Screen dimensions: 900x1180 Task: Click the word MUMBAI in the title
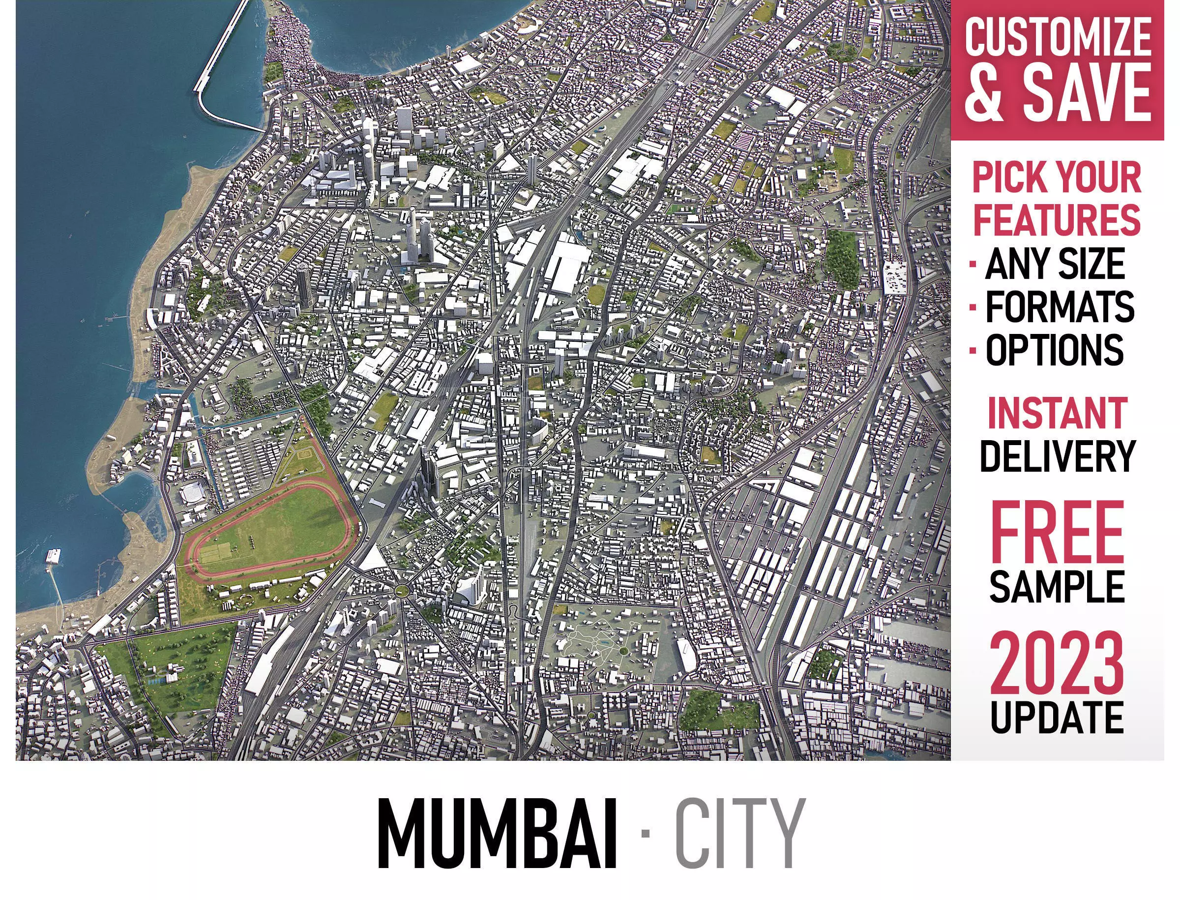click(x=497, y=834)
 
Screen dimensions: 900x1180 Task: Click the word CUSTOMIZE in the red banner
click(x=1058, y=36)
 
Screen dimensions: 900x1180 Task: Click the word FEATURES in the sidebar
click(x=1056, y=220)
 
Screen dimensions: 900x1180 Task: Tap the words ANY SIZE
click(x=1055, y=264)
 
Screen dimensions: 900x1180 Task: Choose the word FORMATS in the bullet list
click(x=1060, y=307)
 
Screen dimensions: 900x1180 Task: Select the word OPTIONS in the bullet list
click(x=1054, y=350)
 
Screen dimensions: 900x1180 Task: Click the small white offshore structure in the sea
click(x=54, y=556)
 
